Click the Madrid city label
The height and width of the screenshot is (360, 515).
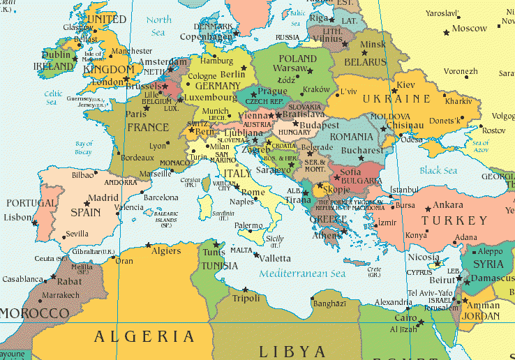click(x=103, y=197)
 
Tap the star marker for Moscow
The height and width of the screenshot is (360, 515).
click(x=445, y=32)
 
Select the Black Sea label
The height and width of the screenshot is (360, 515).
click(x=438, y=171)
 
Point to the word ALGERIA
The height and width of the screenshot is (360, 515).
click(x=144, y=336)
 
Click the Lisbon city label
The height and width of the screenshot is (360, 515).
click(x=18, y=217)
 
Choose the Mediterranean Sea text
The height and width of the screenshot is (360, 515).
click(x=302, y=273)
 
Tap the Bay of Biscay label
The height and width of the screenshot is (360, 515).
click(x=83, y=147)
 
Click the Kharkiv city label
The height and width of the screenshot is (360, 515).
click(x=458, y=101)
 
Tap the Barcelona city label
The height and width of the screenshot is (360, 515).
click(x=161, y=197)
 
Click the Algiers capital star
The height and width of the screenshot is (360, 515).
click(x=148, y=245)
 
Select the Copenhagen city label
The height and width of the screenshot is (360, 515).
click(x=205, y=36)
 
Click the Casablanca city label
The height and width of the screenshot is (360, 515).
click(x=22, y=279)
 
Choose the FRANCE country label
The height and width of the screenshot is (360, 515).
click(x=147, y=127)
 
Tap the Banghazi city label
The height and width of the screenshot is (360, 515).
click(x=330, y=304)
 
